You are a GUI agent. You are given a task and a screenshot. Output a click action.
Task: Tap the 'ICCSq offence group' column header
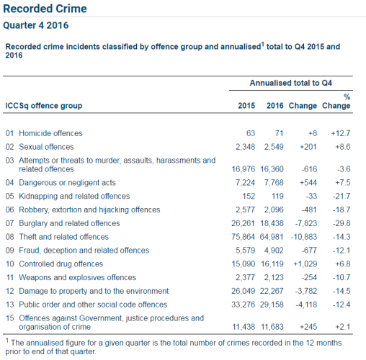pos(44,106)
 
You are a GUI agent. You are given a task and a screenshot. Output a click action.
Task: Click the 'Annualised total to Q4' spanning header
pos(290,83)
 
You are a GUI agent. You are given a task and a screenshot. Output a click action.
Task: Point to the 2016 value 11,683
pos(271,327)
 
